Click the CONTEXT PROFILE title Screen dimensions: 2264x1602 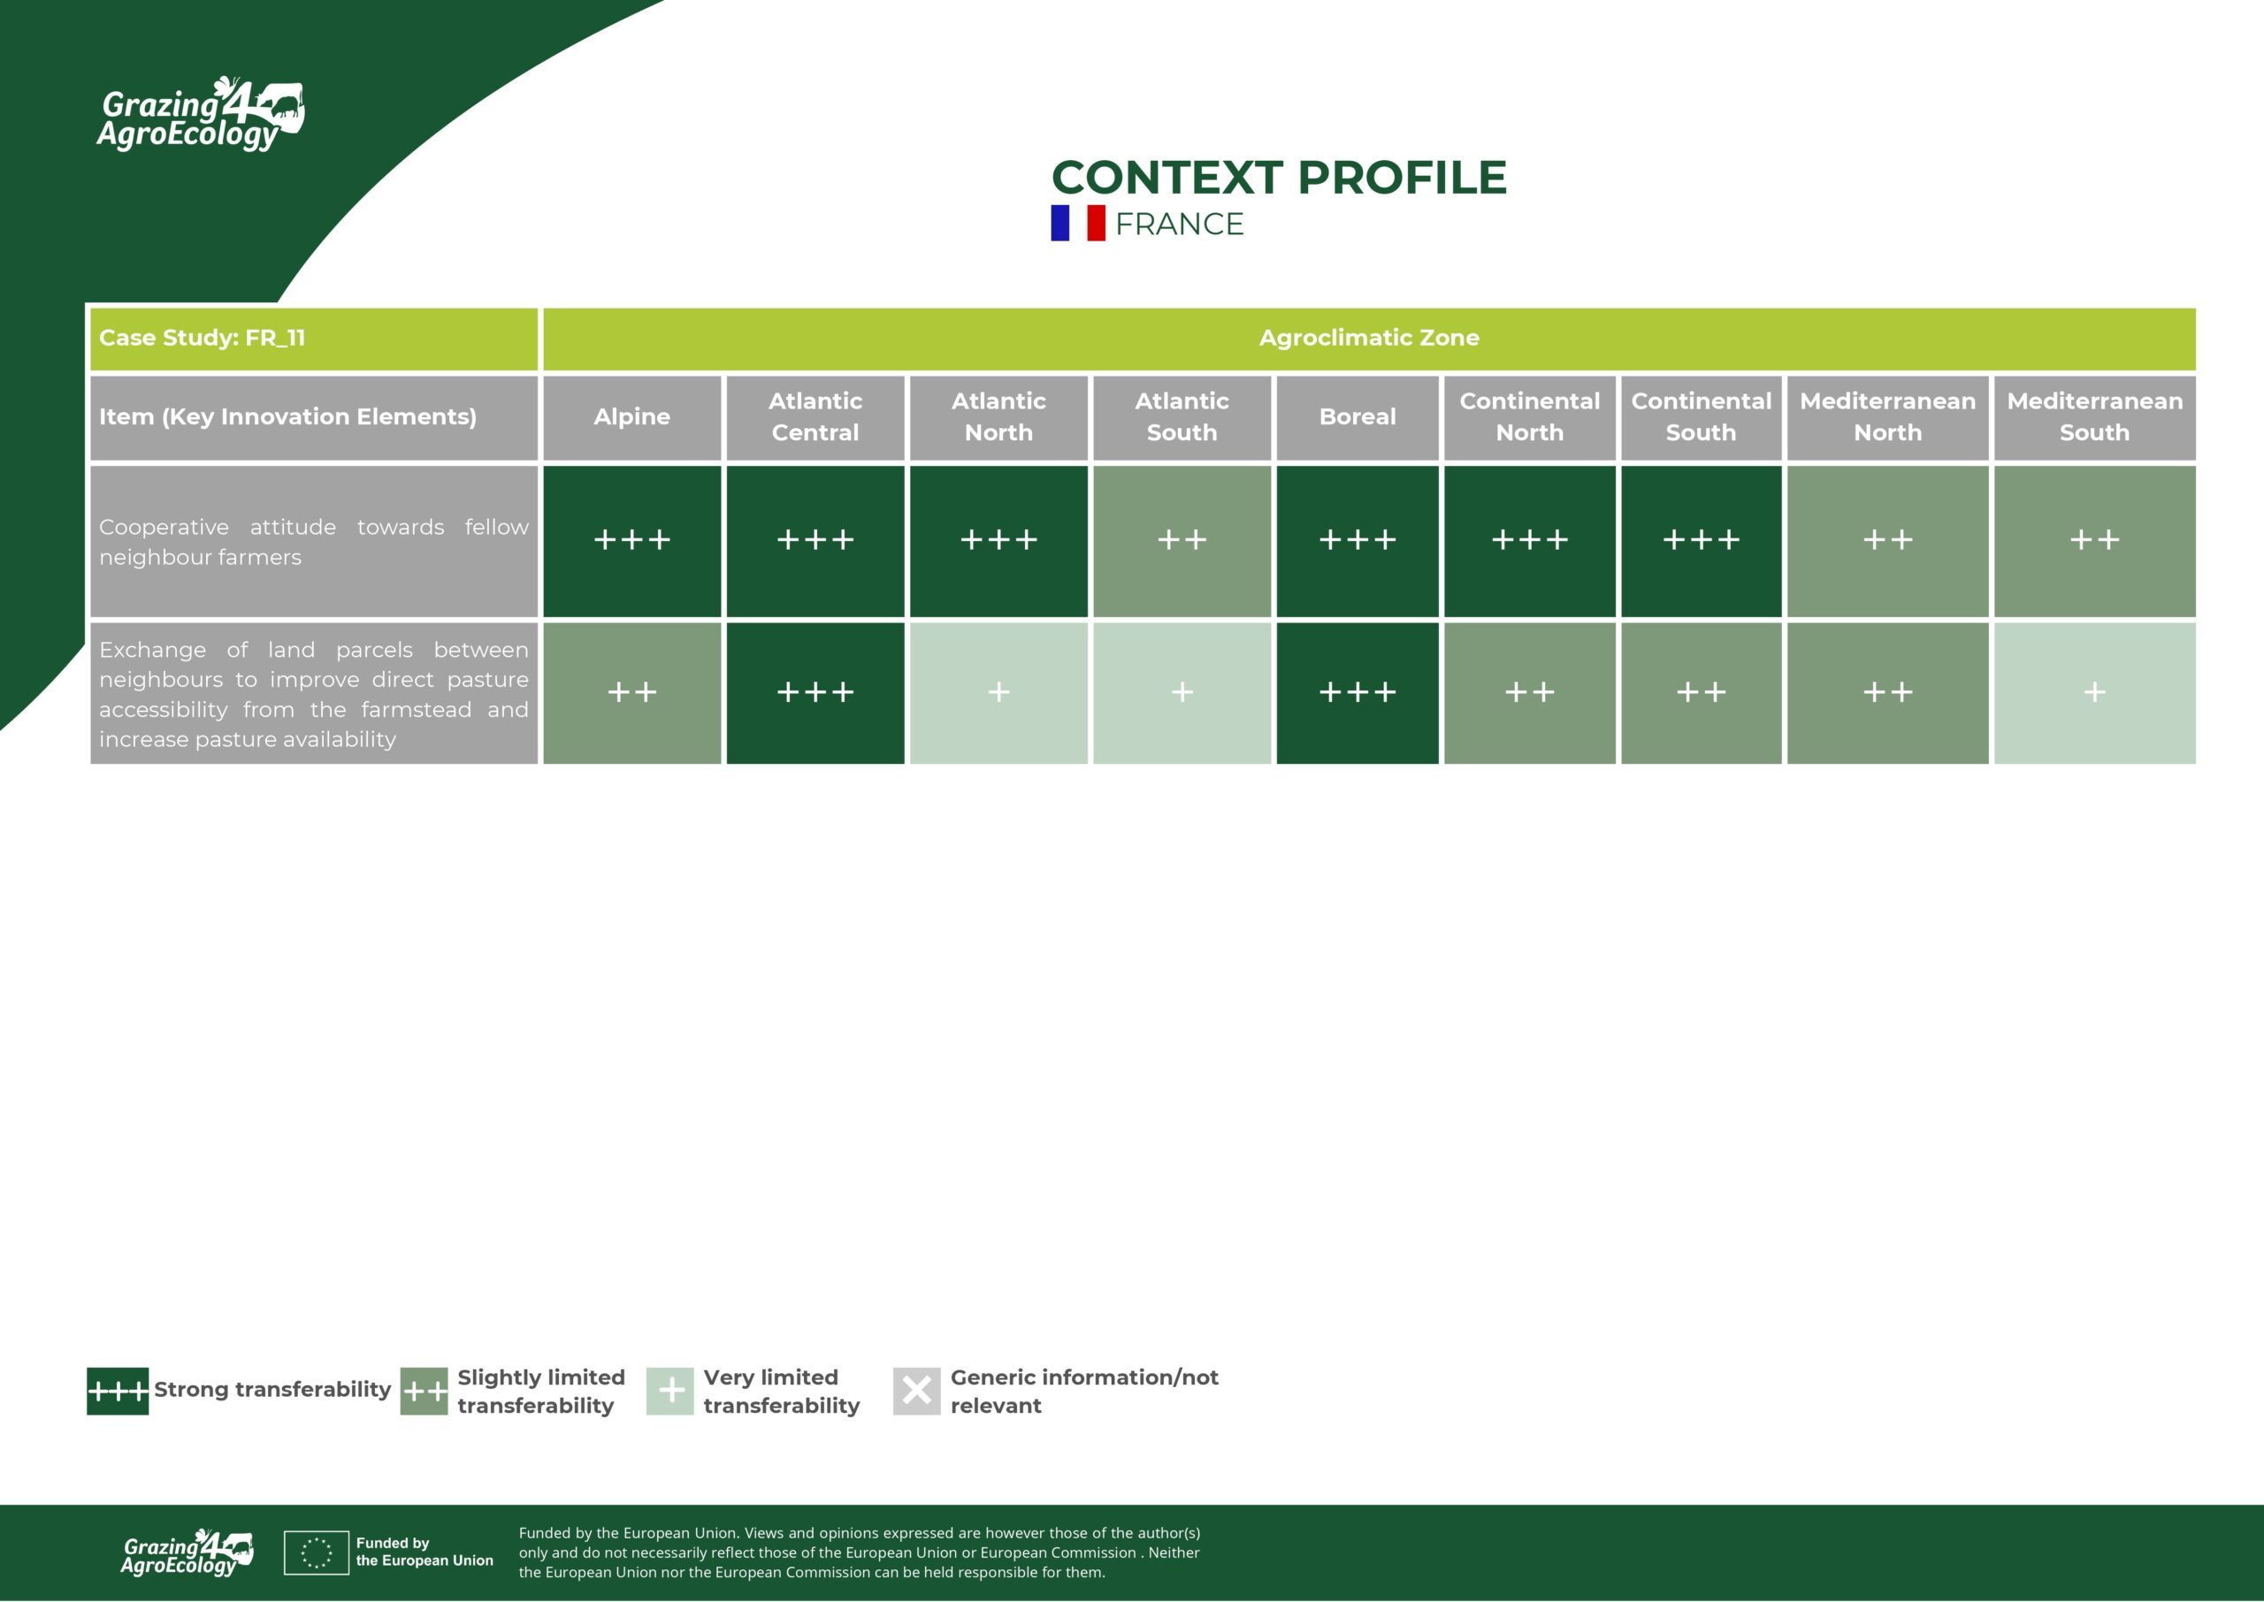pos(1279,178)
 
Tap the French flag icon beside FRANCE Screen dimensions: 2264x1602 pos(1078,223)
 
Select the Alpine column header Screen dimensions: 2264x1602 pos(631,417)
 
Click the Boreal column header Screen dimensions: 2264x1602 pos(1358,417)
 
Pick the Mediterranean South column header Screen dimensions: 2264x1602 pos(2094,417)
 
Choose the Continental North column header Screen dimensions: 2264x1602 pos(1529,417)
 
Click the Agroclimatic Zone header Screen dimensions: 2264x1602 pos(1369,339)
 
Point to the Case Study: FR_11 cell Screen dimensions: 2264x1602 pos(314,339)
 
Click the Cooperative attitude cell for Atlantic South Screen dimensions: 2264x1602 pos(1182,540)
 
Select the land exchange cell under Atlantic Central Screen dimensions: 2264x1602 pos(815,692)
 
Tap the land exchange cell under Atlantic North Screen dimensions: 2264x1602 pos(998,692)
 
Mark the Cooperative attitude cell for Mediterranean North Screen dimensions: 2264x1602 pos(1887,540)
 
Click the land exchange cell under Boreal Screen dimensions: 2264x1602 pos(1358,692)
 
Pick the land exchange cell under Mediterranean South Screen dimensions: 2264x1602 pos(2094,692)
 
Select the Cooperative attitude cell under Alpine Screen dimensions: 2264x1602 pos(631,540)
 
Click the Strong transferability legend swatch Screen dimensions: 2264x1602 pos(118,1391)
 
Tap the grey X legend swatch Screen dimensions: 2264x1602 pos(916,1391)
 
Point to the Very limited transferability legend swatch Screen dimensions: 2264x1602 pos(669,1391)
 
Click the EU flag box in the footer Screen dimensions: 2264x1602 pos(316,1552)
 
